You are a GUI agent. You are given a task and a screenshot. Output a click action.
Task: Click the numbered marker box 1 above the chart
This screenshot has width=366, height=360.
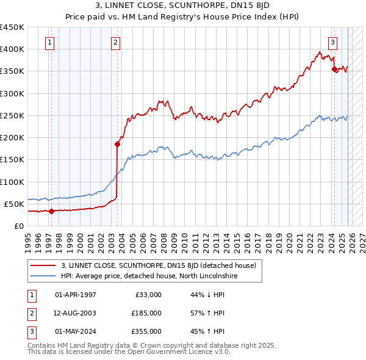tap(49, 42)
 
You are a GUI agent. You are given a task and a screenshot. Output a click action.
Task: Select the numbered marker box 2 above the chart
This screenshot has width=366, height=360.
tap(116, 42)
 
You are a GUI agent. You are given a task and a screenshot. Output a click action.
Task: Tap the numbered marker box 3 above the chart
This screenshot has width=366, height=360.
tap(333, 42)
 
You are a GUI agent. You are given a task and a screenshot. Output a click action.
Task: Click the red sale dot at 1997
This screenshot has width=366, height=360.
tap(51, 212)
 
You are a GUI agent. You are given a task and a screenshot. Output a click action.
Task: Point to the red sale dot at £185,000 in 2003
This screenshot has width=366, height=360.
tap(117, 145)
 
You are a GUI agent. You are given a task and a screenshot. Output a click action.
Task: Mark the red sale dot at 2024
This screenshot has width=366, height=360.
tap(334, 70)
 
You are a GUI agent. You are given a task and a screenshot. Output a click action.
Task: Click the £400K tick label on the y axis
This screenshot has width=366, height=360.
tap(12, 49)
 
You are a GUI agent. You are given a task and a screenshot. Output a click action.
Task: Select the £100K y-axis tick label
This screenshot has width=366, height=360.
tap(12, 182)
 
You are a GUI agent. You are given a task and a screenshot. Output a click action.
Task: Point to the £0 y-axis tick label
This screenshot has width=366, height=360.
tap(18, 226)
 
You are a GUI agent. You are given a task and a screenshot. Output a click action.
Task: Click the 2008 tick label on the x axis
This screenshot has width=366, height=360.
tap(165, 237)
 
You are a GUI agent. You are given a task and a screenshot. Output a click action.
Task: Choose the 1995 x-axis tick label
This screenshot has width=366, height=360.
tap(29, 237)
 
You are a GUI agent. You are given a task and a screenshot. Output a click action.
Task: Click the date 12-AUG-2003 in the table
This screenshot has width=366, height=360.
tap(76, 313)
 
